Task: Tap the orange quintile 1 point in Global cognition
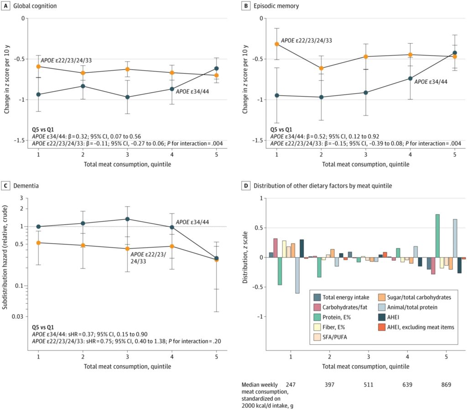click(38, 67)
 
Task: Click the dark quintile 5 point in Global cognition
click(216, 68)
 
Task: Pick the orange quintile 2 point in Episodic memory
click(322, 68)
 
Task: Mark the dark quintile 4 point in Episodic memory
click(410, 78)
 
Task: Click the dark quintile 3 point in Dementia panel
click(127, 219)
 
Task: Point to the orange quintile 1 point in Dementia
click(38, 243)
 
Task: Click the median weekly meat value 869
click(446, 384)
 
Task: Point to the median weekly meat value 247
click(291, 384)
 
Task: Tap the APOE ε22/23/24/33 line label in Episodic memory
click(306, 41)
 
